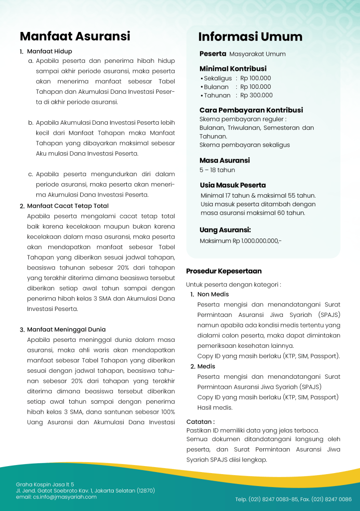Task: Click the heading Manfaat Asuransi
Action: point(75,36)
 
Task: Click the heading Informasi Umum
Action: point(250,37)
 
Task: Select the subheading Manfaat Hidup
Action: point(49,51)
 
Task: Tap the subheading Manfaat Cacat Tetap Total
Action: point(67,206)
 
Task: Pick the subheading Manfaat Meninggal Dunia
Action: point(66,329)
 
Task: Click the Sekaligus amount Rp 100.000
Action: point(255,78)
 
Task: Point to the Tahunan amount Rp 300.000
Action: point(256,95)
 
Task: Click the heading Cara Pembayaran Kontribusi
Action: point(251,110)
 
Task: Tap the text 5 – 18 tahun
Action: point(217,170)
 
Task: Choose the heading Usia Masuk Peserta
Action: point(233,185)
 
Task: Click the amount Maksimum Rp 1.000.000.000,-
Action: point(240,241)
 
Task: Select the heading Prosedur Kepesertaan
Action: point(224,271)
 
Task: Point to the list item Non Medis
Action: point(213,294)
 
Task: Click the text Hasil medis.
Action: point(215,408)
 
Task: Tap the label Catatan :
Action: point(200,421)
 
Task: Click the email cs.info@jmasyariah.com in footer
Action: point(56,497)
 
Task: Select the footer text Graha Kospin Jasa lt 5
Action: point(45,484)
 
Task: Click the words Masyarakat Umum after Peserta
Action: point(257,54)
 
